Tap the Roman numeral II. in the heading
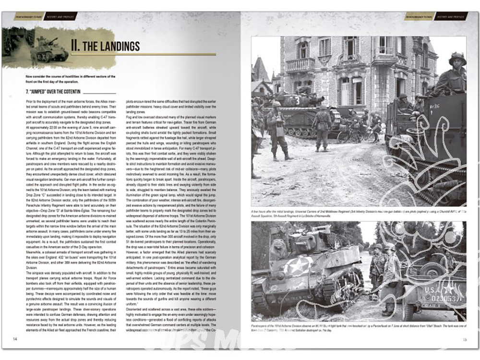[x=75, y=46]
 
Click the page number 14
[x=15, y=339]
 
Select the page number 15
[x=464, y=339]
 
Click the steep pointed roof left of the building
[x=261, y=70]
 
